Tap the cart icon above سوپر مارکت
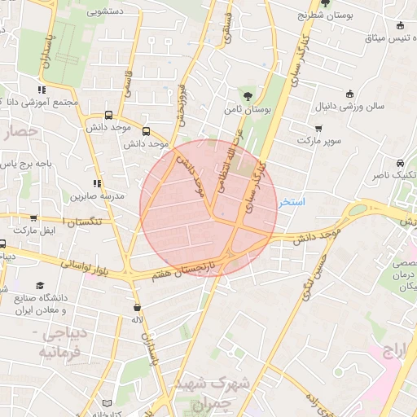pyautogui.click(x=318, y=128)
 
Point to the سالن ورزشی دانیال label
pyautogui.click(x=351, y=107)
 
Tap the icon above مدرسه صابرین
pyautogui.click(x=97, y=183)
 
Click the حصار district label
pyautogui.click(x=21, y=130)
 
